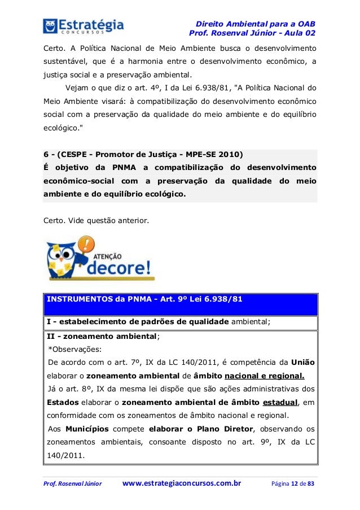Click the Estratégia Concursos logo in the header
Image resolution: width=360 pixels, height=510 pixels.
point(83,25)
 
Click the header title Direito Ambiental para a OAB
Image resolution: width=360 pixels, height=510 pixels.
point(254,24)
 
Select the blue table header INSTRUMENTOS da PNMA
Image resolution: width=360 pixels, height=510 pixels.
point(144,299)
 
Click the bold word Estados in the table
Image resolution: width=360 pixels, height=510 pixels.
point(63,402)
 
